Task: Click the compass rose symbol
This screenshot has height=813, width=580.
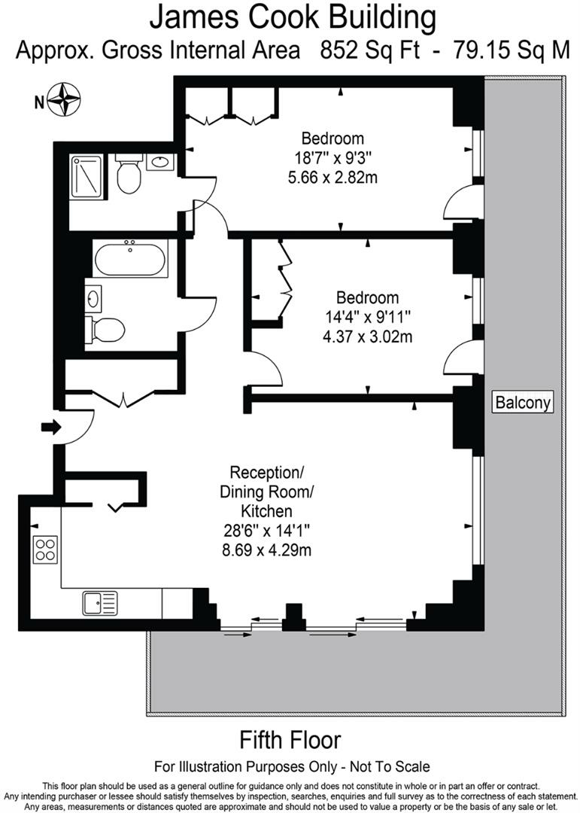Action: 64,99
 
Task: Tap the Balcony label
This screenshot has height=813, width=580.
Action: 523,402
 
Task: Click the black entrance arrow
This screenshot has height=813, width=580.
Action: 51,428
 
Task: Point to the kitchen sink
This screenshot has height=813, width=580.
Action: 100,603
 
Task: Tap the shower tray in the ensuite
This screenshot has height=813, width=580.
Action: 87,176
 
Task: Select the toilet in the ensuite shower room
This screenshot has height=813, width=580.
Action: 129,172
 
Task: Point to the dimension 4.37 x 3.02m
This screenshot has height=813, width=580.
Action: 368,336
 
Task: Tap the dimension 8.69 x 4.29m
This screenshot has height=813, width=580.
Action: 266,550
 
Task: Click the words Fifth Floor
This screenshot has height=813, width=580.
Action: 290,740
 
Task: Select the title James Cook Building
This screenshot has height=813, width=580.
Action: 293,18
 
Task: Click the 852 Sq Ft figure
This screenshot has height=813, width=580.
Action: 370,51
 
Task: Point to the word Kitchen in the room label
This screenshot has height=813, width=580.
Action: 266,511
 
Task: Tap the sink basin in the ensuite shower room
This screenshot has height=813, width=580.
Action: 160,162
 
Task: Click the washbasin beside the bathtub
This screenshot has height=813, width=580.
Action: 93,299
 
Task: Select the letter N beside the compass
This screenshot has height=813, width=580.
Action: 39,102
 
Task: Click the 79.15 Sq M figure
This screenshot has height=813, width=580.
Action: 512,51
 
